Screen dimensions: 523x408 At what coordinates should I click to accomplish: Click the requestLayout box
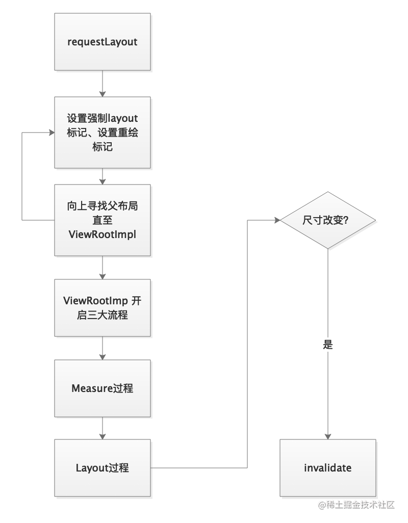click(x=103, y=42)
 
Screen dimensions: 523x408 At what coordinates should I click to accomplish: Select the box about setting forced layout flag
click(x=103, y=133)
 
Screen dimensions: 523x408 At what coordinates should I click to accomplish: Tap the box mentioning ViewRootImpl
click(x=103, y=220)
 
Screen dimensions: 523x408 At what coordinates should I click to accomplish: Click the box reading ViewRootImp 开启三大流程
click(x=103, y=308)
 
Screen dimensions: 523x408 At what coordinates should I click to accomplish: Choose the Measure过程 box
click(x=103, y=388)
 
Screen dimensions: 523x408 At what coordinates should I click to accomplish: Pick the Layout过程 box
click(x=103, y=467)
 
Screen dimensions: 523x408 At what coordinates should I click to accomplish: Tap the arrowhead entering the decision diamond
click(x=277, y=220)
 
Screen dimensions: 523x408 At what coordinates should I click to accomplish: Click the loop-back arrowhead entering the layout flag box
click(x=52, y=133)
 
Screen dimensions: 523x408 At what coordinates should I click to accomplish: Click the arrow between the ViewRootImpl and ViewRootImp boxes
click(x=103, y=268)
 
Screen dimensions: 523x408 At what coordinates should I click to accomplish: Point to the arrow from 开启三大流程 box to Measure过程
click(x=103, y=348)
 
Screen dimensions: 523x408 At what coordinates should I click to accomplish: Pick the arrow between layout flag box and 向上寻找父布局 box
click(x=103, y=176)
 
